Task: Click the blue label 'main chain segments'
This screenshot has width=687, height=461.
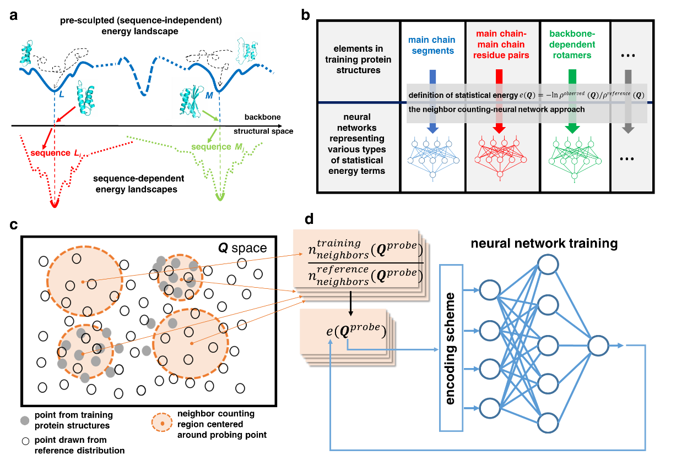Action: point(431,45)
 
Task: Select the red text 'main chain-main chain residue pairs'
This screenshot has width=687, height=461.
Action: point(501,45)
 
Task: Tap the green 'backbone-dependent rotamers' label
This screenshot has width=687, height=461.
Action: point(572,45)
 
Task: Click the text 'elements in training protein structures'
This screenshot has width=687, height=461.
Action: point(358,59)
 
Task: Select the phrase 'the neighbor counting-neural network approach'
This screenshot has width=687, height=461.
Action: point(496,109)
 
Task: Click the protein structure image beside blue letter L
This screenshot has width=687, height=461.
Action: point(86,97)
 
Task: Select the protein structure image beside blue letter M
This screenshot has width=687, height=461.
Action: point(190,98)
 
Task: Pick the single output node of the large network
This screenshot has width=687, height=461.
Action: point(598,345)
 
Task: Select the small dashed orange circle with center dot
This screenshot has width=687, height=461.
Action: point(162,422)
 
